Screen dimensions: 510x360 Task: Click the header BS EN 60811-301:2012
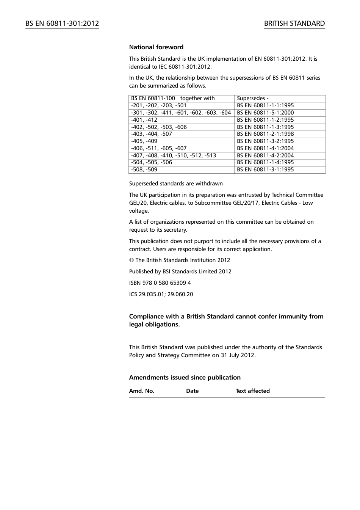click(x=62, y=24)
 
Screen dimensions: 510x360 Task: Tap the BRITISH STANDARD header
click(x=294, y=24)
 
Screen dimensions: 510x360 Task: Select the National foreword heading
click(x=156, y=47)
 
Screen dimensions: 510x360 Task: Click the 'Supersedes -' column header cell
click(x=253, y=98)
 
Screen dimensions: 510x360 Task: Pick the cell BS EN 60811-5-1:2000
click(x=265, y=113)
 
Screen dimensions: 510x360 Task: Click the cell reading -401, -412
click(x=144, y=120)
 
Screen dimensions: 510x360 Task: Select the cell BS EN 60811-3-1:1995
click(x=265, y=169)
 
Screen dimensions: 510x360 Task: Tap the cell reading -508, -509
click(x=144, y=169)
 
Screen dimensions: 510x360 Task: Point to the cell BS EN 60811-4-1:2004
click(x=265, y=148)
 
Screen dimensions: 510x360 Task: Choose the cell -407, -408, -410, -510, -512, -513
click(x=174, y=155)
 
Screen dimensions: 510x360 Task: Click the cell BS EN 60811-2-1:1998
click(x=265, y=134)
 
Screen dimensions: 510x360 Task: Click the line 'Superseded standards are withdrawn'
click(x=176, y=184)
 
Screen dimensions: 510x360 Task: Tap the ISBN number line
click(x=160, y=283)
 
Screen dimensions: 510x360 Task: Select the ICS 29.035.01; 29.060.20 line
click(x=161, y=294)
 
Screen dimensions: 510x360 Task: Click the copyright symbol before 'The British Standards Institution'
click(x=131, y=260)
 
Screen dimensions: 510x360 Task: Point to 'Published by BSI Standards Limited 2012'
click(x=180, y=271)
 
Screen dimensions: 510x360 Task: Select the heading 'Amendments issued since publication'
click(x=185, y=377)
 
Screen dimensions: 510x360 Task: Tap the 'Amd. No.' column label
click(x=142, y=391)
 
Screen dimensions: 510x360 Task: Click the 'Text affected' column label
click(x=252, y=391)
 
